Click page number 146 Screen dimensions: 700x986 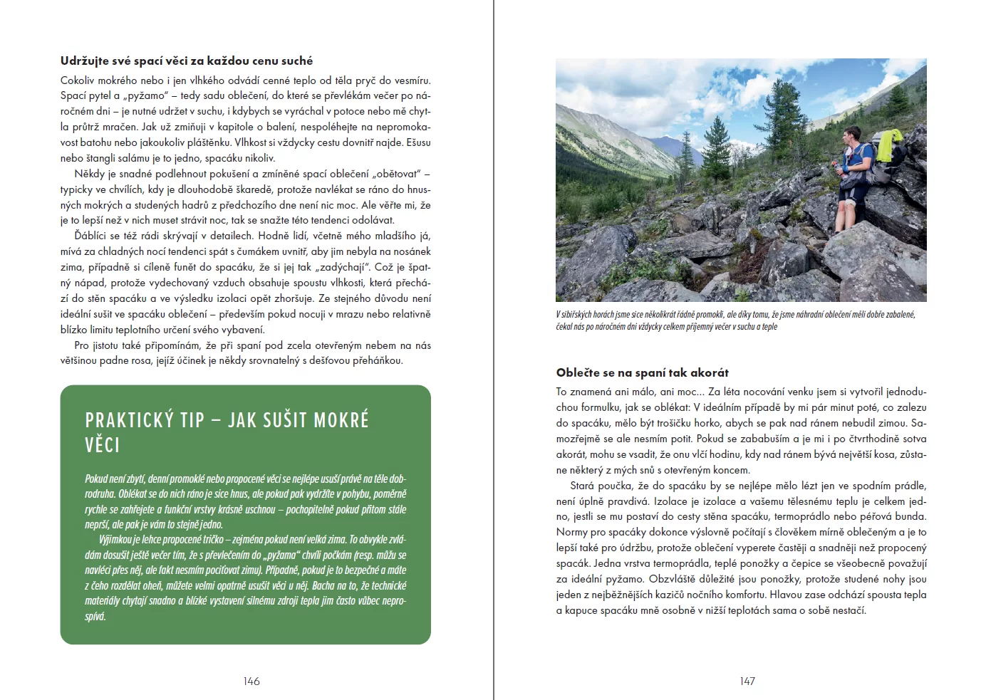[251, 681]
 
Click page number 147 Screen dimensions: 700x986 [747, 681]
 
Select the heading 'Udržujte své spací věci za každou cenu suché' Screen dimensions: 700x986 [187, 61]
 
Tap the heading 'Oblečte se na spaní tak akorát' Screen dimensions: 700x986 [643, 372]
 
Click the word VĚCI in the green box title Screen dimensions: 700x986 [103, 446]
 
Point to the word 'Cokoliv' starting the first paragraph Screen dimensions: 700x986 [78, 80]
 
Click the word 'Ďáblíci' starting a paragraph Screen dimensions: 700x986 [92, 236]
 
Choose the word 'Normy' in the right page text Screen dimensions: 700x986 [571, 532]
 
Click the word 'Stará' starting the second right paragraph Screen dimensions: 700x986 [582, 486]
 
